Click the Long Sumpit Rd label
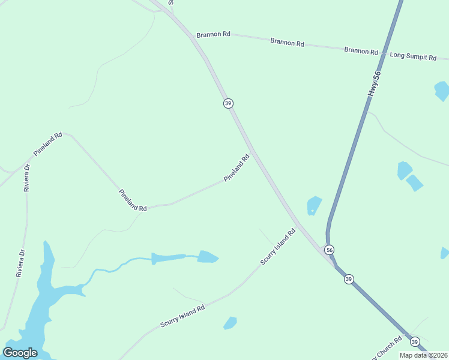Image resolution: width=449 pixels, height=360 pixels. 413,56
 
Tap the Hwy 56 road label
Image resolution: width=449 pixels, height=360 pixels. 375,84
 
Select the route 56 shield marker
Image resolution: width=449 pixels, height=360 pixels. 329,250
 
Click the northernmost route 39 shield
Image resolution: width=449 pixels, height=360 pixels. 228,103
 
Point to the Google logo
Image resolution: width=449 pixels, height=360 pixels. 20,352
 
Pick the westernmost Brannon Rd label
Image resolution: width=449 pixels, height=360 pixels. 214,35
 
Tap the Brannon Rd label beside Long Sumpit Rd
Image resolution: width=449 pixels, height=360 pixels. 361,51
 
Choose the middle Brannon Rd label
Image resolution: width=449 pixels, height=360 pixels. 287,42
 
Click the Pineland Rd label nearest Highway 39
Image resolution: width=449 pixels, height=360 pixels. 237,169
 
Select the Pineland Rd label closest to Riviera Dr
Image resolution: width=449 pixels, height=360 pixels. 48,144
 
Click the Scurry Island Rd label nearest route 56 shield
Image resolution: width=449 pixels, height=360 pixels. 278,247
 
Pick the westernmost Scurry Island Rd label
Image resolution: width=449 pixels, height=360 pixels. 182,316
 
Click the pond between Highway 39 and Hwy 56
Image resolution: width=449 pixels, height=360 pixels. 314,205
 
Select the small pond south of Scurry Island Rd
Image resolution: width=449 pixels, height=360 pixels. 230,323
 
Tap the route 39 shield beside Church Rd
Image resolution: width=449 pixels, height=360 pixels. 415,341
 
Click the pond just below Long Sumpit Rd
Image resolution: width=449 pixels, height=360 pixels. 442,91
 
